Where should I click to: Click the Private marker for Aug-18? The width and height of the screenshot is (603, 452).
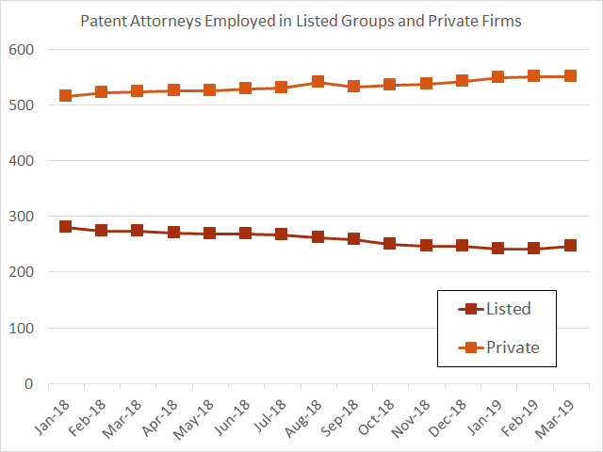(x=318, y=82)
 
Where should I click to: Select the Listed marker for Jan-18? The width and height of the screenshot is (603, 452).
(x=65, y=226)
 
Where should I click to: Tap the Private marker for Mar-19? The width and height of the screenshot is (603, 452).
(x=570, y=75)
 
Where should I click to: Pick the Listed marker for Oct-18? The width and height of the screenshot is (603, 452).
(x=389, y=243)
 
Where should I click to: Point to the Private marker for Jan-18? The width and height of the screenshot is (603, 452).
(x=65, y=95)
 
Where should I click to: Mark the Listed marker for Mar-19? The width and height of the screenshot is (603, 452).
(x=570, y=245)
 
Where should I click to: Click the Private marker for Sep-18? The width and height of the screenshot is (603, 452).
(x=353, y=86)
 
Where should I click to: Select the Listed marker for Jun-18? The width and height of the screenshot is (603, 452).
(x=245, y=233)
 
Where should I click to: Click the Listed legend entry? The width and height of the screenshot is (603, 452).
(x=495, y=309)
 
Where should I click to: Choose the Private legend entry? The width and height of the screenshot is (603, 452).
(x=498, y=347)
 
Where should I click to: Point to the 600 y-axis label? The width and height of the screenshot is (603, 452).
(x=21, y=50)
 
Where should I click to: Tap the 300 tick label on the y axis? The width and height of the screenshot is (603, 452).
(x=21, y=217)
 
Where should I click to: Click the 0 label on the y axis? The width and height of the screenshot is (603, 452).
(x=29, y=383)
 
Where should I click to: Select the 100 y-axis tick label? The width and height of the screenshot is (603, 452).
(x=21, y=329)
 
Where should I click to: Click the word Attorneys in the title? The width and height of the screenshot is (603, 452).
(x=166, y=21)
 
